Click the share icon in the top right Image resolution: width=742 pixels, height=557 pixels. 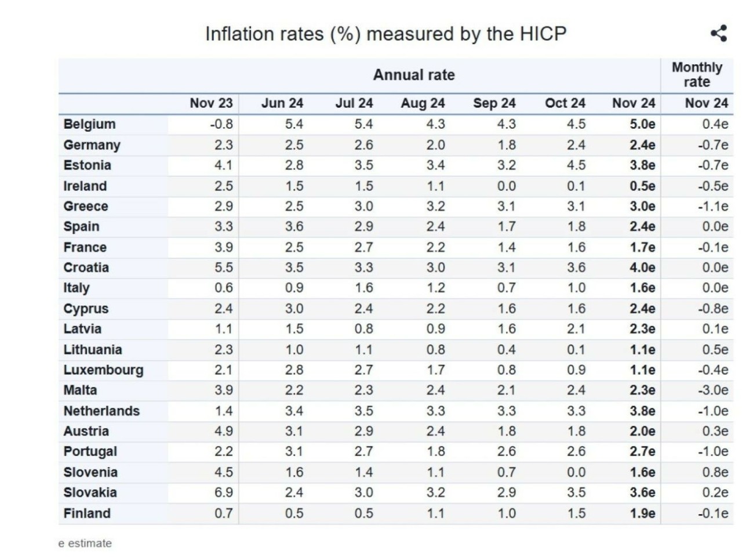pos(719,33)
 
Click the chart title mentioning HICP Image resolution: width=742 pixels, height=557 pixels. pos(385,34)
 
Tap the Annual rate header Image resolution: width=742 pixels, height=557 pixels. pos(414,75)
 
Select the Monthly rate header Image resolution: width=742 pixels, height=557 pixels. pos(697,75)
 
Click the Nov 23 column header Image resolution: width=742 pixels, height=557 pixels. pos(211,103)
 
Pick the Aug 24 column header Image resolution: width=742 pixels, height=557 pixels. pos(423,103)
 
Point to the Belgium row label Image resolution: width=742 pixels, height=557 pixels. pos(89,124)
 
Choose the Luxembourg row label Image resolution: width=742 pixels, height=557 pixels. pos(103,370)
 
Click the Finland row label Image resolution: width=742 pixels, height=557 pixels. pos(87,513)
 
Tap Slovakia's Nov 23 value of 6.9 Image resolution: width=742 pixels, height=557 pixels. pos(224,493)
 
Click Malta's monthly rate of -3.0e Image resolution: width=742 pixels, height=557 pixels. pos(713,390)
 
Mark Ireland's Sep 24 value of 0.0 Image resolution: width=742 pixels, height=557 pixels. pos(507,186)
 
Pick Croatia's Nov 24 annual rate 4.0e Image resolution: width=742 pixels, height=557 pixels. pos(642,268)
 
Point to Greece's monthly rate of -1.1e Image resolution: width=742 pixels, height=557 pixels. pos(713,207)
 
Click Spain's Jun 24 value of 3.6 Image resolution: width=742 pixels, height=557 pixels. pos(294,227)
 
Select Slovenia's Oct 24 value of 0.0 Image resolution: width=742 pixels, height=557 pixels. pos(576,472)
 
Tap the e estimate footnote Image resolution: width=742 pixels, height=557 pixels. pos(85,544)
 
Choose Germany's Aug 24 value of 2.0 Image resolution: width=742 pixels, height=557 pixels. pos(436,145)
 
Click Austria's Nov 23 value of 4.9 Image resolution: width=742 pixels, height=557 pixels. pos(224,431)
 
